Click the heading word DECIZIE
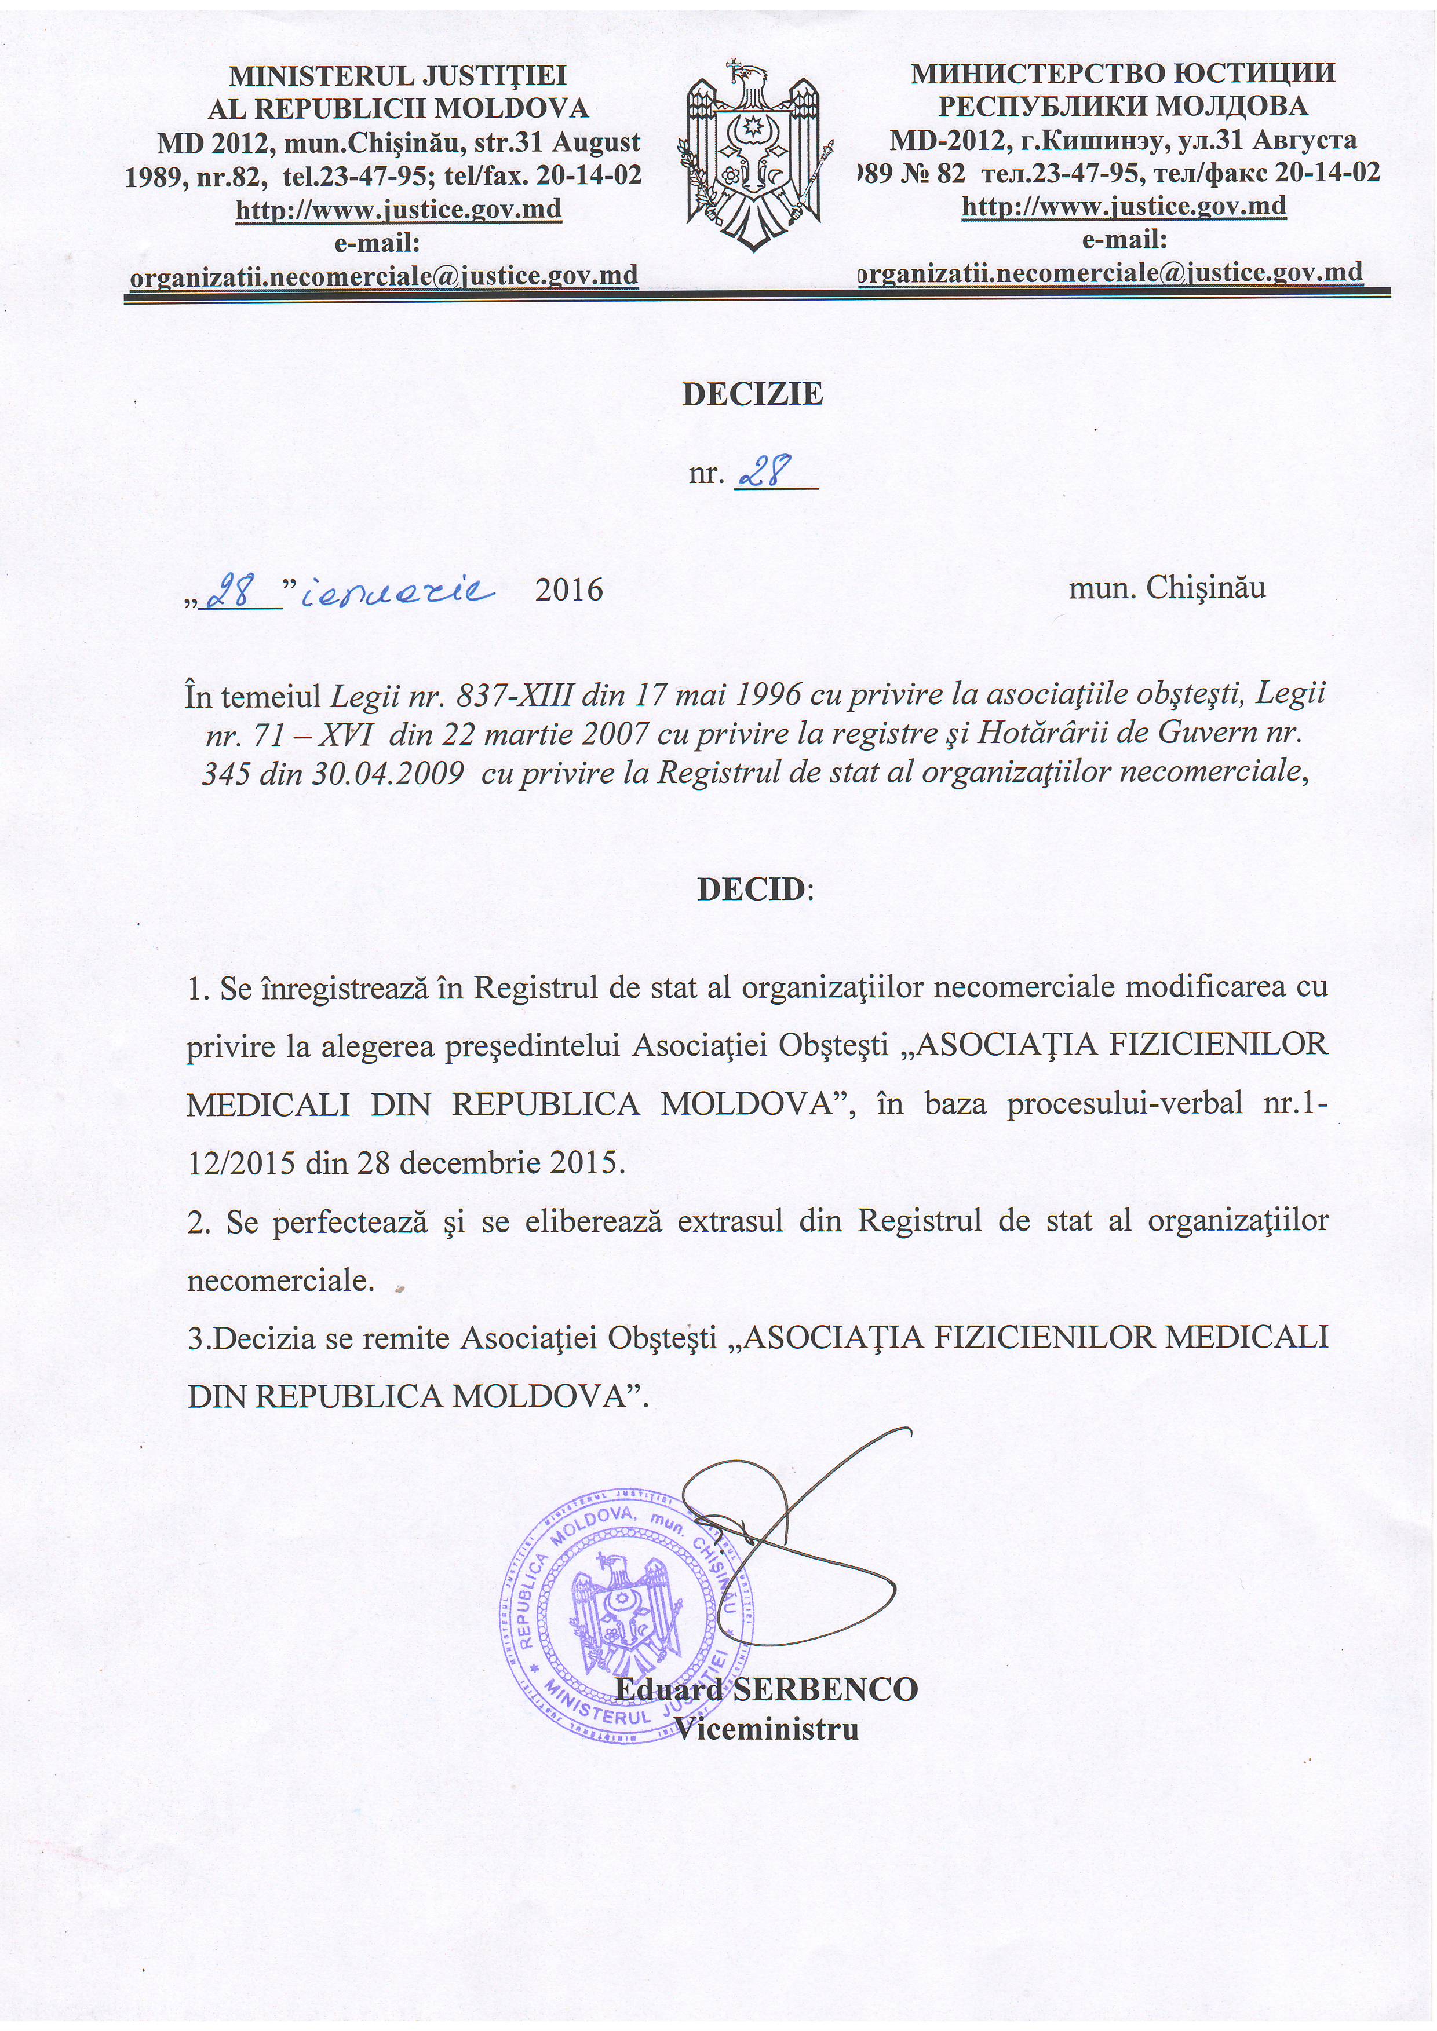pos(752,394)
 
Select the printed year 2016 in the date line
pos(569,589)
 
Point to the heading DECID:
pos(754,889)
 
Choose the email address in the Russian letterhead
pos(1111,272)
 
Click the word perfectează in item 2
pos(368,1221)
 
